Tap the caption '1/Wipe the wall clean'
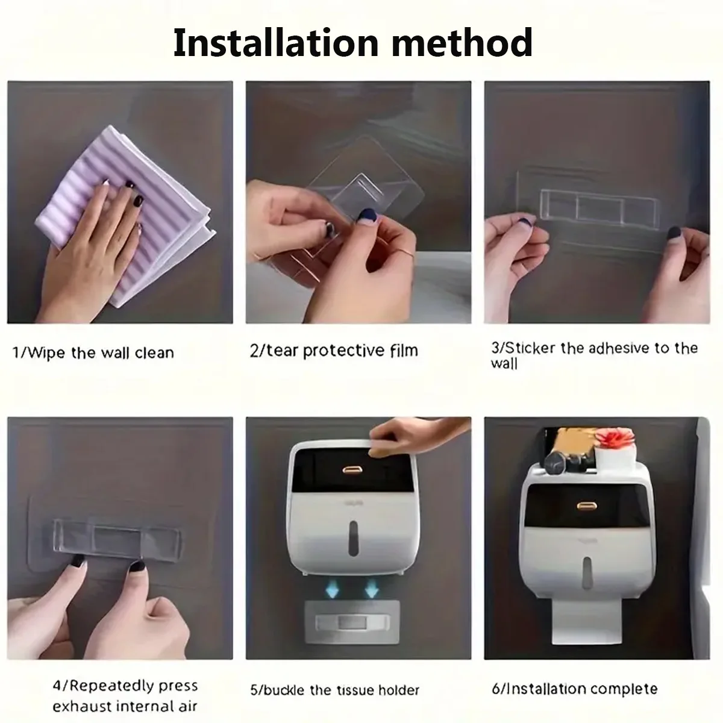click(x=93, y=352)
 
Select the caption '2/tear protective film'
click(x=334, y=351)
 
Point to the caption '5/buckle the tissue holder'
click(x=334, y=690)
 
